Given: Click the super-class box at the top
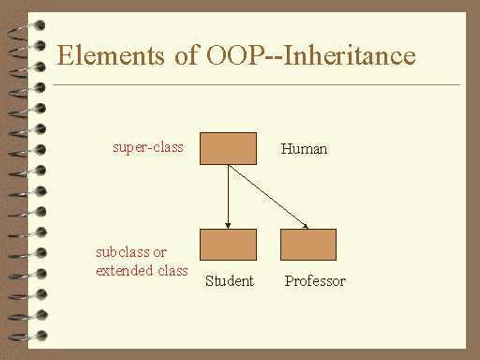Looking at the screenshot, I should point(228,148).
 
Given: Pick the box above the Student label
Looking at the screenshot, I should point(228,244).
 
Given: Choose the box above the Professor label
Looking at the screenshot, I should point(308,244).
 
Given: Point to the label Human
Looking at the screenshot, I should point(305,149).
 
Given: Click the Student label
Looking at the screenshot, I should point(229,281).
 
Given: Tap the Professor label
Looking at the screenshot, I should point(315,281).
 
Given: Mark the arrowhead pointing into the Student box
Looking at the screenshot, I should point(228,225).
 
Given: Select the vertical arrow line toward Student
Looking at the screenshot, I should point(228,195).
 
